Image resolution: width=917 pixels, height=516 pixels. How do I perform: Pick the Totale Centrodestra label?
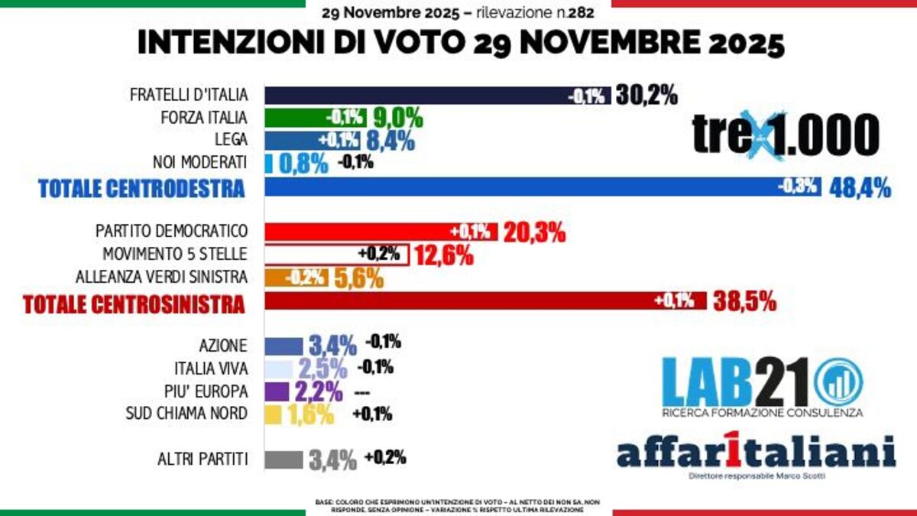[141, 189]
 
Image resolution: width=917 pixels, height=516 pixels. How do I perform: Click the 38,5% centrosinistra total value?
[745, 301]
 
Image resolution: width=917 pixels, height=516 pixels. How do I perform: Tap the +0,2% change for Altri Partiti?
[385, 458]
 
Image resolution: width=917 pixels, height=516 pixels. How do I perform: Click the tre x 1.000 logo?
[786, 135]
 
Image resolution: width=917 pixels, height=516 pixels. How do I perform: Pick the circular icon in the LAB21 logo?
[838, 382]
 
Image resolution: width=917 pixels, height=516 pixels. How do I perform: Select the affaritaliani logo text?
[756, 452]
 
